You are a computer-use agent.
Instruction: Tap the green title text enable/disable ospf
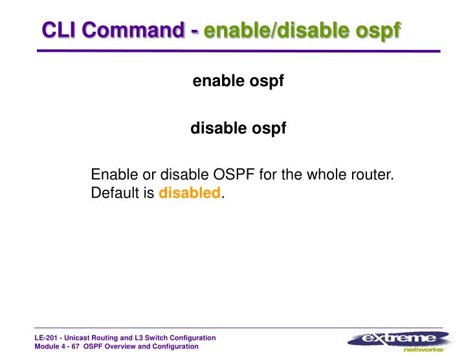tap(302, 30)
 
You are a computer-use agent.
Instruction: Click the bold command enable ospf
tap(238, 82)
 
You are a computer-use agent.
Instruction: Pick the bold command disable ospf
tap(238, 128)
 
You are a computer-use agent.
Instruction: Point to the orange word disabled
tap(190, 193)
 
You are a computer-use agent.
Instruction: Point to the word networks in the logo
tap(423, 350)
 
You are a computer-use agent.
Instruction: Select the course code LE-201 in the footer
tap(47, 339)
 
